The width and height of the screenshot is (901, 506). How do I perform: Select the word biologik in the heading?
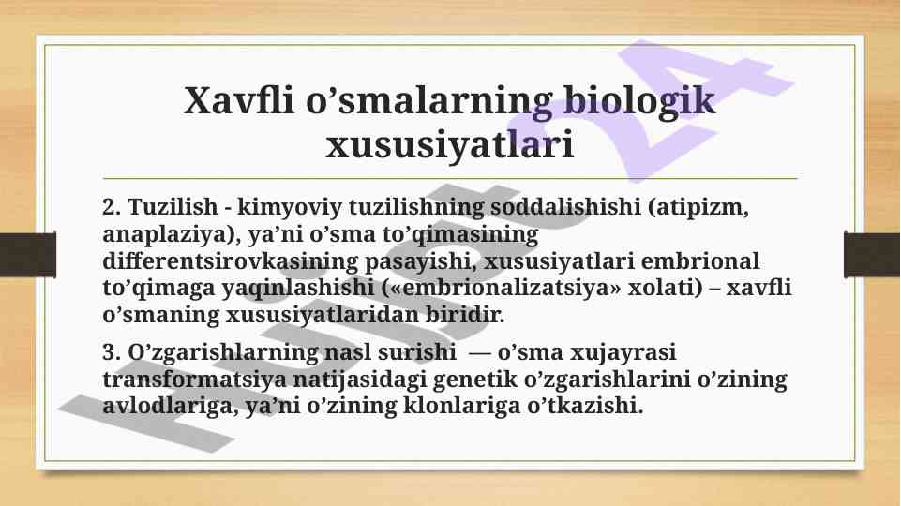point(639,100)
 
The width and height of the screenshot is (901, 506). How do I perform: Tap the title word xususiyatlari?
point(450,144)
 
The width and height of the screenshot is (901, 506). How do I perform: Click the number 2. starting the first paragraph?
point(112,207)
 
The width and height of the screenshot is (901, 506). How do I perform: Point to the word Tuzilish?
point(173,207)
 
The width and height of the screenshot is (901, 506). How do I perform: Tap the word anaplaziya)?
point(172,235)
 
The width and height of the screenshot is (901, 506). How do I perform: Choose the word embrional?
point(699,260)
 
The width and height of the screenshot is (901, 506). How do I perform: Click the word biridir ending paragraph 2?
point(464,315)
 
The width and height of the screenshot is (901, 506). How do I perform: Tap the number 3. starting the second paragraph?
point(112,352)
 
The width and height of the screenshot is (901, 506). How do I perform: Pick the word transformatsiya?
point(194,380)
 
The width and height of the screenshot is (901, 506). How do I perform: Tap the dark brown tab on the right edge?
point(872,254)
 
